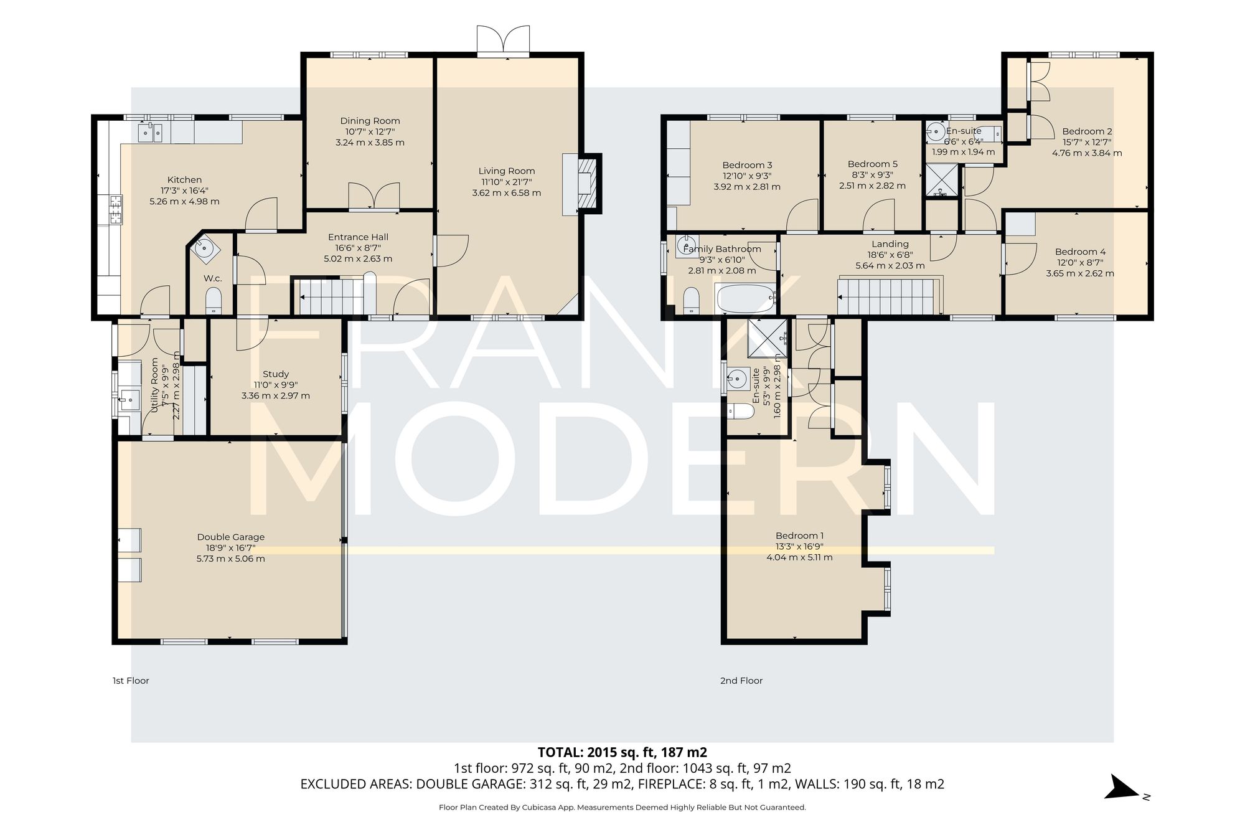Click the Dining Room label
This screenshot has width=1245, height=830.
pyautogui.click(x=370, y=121)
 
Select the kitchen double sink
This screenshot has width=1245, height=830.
pyautogui.click(x=150, y=132)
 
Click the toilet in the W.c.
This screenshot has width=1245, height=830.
pyautogui.click(x=214, y=300)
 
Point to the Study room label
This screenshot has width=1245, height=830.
pyautogui.click(x=276, y=374)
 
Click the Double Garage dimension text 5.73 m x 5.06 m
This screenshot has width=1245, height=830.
pyautogui.click(x=230, y=559)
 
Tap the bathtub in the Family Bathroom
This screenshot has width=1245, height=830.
pyautogui.click(x=745, y=299)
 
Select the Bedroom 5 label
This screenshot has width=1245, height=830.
pyautogui.click(x=872, y=164)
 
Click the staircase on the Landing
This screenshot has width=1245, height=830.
pyautogui.click(x=887, y=297)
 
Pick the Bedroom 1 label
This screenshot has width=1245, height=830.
pyautogui.click(x=799, y=535)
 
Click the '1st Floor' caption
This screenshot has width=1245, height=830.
pyautogui.click(x=131, y=681)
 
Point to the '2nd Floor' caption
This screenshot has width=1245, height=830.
pyautogui.click(x=741, y=681)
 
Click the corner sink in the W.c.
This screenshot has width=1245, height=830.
pyautogui.click(x=205, y=248)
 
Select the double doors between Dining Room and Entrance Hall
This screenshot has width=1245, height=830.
pyautogui.click(x=374, y=196)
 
